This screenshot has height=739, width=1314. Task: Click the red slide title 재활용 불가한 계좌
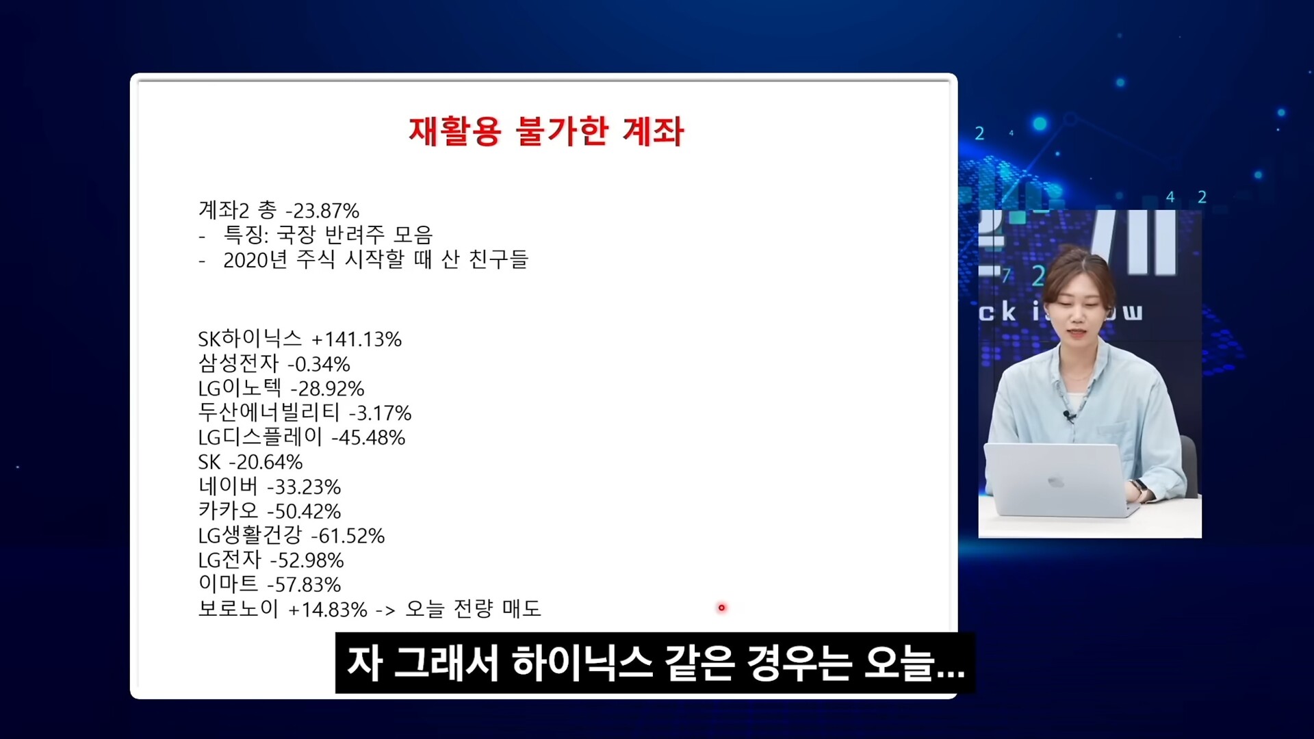[x=546, y=131]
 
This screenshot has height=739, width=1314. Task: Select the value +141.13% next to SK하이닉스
[x=357, y=339]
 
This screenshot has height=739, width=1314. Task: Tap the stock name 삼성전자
[x=238, y=363]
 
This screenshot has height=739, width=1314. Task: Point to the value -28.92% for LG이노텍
[x=328, y=389]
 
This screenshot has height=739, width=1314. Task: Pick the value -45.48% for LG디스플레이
[x=368, y=438]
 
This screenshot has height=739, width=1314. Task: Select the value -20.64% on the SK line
[x=266, y=463]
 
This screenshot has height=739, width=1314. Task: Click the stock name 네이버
[x=229, y=487]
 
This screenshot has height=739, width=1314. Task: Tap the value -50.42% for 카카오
[x=304, y=512]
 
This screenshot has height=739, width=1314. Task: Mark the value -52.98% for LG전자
[x=307, y=560]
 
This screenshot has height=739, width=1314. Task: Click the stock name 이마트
[x=229, y=584]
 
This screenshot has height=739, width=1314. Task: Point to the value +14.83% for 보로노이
[x=328, y=610]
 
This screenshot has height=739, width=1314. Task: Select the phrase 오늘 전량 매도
[x=474, y=608]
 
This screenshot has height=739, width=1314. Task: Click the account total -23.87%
[x=322, y=211]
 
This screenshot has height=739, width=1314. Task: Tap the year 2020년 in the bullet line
[x=255, y=260]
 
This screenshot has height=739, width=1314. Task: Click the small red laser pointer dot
[x=721, y=608]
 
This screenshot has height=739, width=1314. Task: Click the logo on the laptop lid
[x=1056, y=482]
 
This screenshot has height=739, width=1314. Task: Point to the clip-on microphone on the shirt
[x=1068, y=415]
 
